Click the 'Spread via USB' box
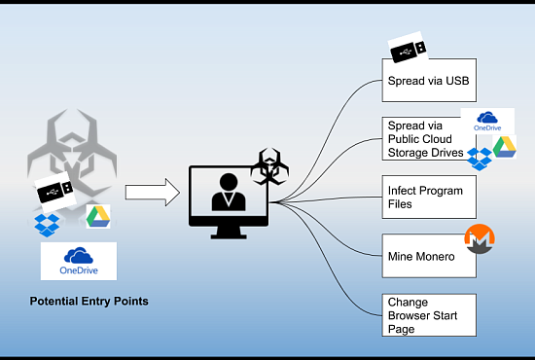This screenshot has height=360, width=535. coord(429,80)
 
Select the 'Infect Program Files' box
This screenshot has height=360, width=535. coord(429,197)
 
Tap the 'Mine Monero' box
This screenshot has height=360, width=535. coord(429,256)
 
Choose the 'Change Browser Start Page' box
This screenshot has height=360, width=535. coord(429,315)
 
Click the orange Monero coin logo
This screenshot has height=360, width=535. coord(480,238)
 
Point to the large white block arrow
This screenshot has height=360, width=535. coord(153,192)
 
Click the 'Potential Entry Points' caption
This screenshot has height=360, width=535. coord(89,301)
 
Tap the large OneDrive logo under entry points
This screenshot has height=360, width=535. coord(79,261)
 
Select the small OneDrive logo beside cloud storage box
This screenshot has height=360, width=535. coord(487,122)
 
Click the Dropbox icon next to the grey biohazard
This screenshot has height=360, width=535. coord(47,225)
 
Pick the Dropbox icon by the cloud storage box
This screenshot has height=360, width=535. coord(479,159)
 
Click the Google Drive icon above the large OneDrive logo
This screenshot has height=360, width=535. coord(98,216)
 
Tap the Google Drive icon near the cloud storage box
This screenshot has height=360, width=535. coord(504,147)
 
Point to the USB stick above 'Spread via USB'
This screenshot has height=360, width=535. coord(409,48)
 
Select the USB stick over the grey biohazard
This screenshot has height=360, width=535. coord(55,191)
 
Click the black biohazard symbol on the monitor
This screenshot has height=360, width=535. coord(269,166)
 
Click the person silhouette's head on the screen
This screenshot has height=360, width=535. coord(229,182)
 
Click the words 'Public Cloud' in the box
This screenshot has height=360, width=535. coord(419,139)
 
